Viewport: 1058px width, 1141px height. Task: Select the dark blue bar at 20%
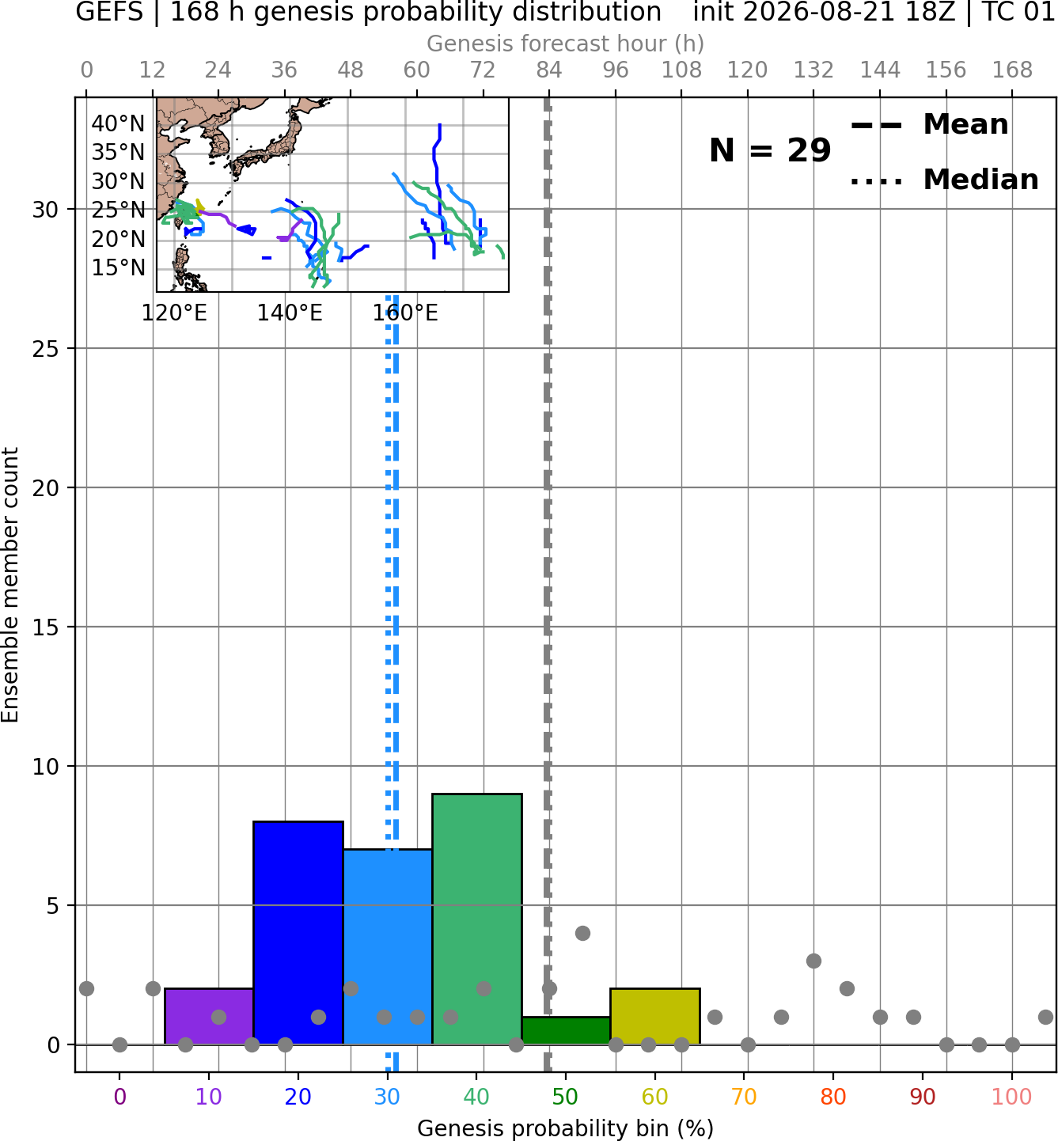click(x=298, y=932)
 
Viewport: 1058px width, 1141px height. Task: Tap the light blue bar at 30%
click(x=388, y=946)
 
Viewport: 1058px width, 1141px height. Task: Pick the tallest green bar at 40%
click(x=477, y=919)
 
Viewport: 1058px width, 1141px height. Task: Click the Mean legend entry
click(x=929, y=125)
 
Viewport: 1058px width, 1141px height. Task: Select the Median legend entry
click(x=945, y=180)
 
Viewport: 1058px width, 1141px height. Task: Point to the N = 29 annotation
click(x=770, y=150)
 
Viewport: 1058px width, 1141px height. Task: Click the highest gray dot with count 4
click(x=582, y=933)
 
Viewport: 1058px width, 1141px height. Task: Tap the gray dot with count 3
click(x=813, y=961)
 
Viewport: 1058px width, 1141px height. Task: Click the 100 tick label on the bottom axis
click(x=1012, y=1097)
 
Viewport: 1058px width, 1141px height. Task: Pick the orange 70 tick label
click(x=744, y=1097)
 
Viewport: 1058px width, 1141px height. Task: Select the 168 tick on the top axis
click(x=1013, y=70)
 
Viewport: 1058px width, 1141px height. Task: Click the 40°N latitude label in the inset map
click(x=119, y=123)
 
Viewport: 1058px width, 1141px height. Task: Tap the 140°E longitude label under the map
click(x=290, y=313)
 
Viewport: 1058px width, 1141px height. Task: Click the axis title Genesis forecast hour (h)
click(x=566, y=44)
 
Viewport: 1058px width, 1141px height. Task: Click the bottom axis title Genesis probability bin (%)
click(x=566, y=1128)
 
